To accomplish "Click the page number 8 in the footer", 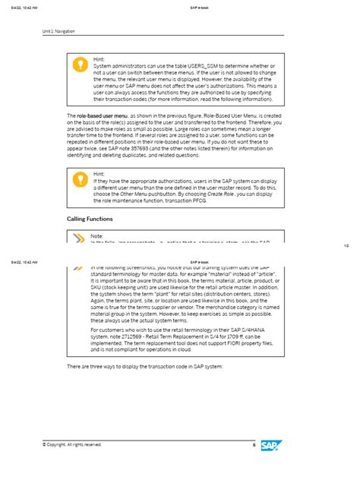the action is click(x=253, y=445).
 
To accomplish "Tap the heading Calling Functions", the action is click(x=90, y=219).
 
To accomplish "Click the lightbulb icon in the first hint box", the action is click(x=78, y=65).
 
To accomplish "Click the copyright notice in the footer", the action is click(x=72, y=445).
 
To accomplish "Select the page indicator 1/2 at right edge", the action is click(x=346, y=245).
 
